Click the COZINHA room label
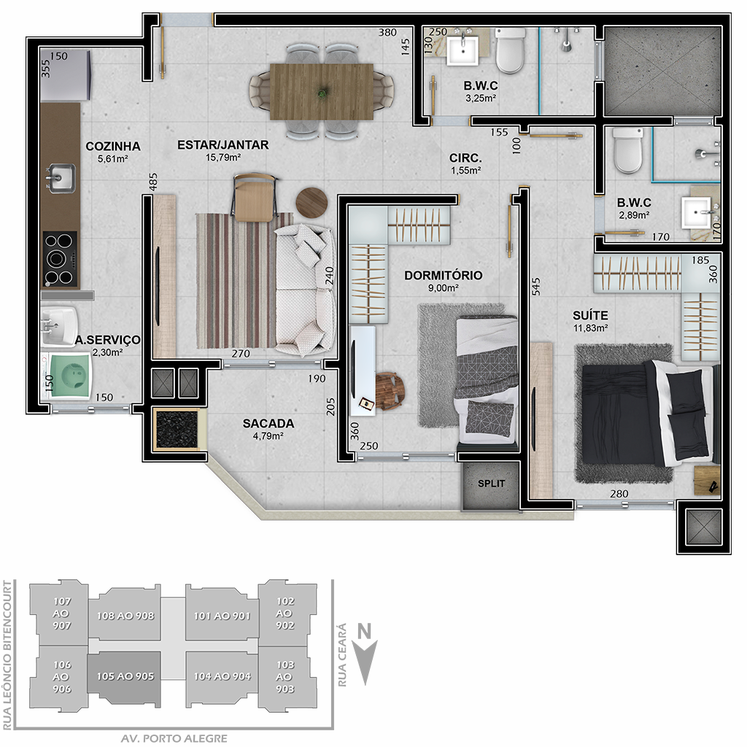click(x=113, y=146)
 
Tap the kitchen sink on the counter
click(x=61, y=178)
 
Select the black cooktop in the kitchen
click(x=60, y=259)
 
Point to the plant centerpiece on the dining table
click(x=323, y=91)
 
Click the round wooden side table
click(x=312, y=203)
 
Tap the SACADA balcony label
click(x=268, y=424)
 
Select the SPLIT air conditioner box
click(x=491, y=484)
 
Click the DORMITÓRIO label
click(x=443, y=275)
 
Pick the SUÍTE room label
click(x=590, y=315)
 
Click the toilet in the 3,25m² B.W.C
click(x=510, y=50)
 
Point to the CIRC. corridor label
click(x=465, y=158)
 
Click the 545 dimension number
click(x=536, y=287)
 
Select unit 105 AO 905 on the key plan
click(x=125, y=676)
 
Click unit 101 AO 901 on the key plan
click(x=222, y=616)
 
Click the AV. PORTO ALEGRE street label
click(x=174, y=738)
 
